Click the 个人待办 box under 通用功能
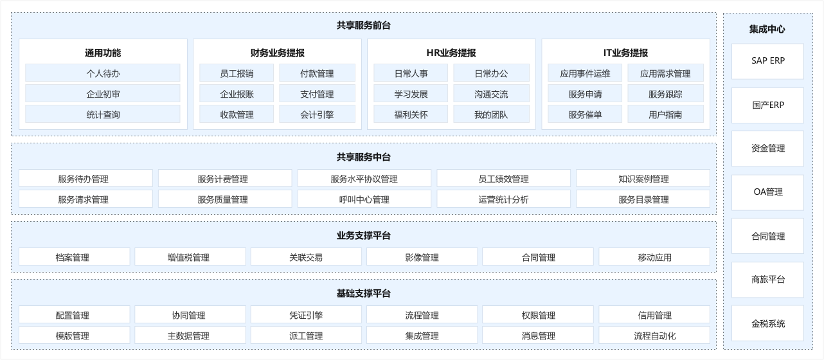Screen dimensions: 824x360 [x=103, y=73]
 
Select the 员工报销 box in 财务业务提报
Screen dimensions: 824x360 [x=237, y=73]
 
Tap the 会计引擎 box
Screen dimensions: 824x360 [x=317, y=114]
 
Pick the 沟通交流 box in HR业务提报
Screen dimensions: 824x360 [x=491, y=93]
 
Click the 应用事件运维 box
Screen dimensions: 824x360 [x=585, y=73]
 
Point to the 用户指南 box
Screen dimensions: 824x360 [x=665, y=114]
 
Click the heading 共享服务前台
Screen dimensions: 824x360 [x=363, y=26]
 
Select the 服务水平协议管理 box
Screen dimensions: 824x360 [x=364, y=179]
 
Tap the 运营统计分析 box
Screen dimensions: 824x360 [x=504, y=199]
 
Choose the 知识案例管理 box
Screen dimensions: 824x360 [x=643, y=179]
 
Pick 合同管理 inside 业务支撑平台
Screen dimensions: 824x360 [x=538, y=257]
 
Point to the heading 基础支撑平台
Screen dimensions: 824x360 [x=363, y=293]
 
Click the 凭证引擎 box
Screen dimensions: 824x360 [x=306, y=315]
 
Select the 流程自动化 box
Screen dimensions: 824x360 [x=654, y=336]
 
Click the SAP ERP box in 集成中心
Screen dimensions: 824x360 [x=767, y=61]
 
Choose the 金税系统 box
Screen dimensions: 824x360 [x=767, y=323]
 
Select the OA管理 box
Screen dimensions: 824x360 [x=767, y=192]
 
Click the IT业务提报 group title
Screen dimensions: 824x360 [x=625, y=53]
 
